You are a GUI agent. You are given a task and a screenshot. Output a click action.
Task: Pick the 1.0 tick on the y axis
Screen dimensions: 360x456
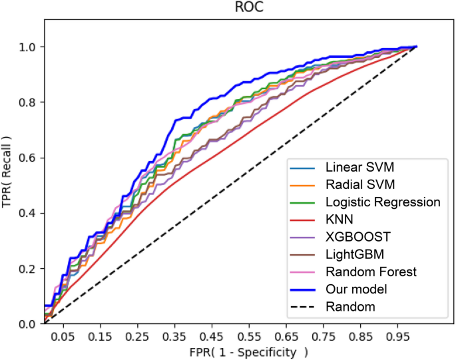27,47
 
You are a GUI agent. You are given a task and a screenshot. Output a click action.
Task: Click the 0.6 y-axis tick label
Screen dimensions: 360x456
27,158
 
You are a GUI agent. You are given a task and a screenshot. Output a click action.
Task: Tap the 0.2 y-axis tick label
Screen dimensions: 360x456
27,268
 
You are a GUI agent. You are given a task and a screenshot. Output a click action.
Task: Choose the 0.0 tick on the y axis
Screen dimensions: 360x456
27,324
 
